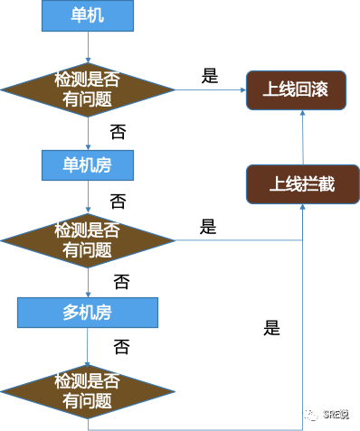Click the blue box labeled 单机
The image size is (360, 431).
[x=88, y=16]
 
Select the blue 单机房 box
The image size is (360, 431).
[x=88, y=165]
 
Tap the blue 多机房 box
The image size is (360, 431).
[x=88, y=314]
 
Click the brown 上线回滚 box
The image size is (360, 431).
[x=297, y=91]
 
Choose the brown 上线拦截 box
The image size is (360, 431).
[x=303, y=183]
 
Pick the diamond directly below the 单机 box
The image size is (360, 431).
[x=88, y=90]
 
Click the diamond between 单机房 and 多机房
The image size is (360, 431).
[x=88, y=239]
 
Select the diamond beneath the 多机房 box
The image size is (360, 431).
[x=88, y=389]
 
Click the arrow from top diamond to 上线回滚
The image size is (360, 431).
[x=210, y=90]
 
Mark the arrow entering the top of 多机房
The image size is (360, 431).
[x=88, y=285]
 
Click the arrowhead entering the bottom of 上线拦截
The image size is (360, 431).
[x=303, y=209]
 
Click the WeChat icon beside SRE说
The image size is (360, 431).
[x=309, y=414]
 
